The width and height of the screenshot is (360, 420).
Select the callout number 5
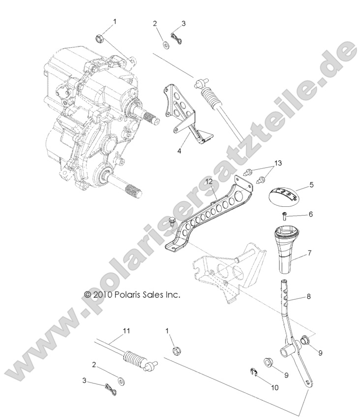tap(311, 186)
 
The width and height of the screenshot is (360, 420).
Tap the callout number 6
tap(310, 215)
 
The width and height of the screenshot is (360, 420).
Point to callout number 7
tap(310, 254)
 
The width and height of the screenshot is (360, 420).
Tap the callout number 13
tap(279, 163)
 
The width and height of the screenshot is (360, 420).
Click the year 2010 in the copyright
tap(104, 295)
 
